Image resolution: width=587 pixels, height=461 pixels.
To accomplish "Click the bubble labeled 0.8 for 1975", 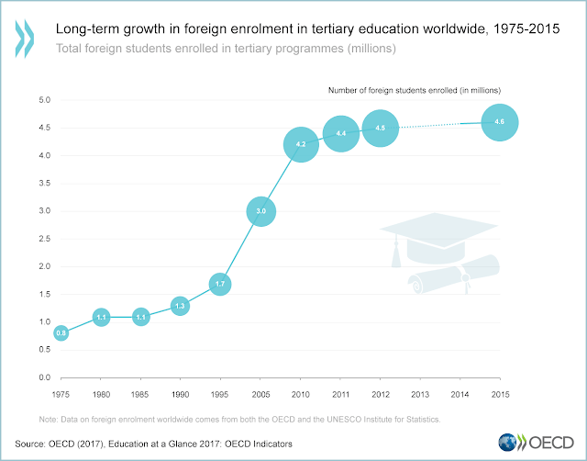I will (61, 333).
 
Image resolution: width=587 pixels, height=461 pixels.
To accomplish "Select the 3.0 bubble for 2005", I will (261, 211).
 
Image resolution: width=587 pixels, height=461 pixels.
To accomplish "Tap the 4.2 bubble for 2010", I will (301, 144).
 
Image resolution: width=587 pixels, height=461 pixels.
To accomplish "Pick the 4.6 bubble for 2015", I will (500, 122).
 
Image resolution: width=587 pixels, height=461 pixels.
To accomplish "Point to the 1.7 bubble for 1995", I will (220, 284).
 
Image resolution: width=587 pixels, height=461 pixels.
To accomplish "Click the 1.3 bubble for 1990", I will (180, 306).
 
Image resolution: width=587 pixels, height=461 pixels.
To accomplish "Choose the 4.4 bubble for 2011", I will (340, 134).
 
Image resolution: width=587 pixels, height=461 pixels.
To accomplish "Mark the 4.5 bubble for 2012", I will (381, 129).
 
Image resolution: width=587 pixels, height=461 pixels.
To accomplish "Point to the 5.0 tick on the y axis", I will (44, 100).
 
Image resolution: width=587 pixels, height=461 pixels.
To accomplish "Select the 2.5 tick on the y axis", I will (44, 239).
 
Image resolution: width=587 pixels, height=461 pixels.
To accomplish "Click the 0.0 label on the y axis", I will (44, 377).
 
